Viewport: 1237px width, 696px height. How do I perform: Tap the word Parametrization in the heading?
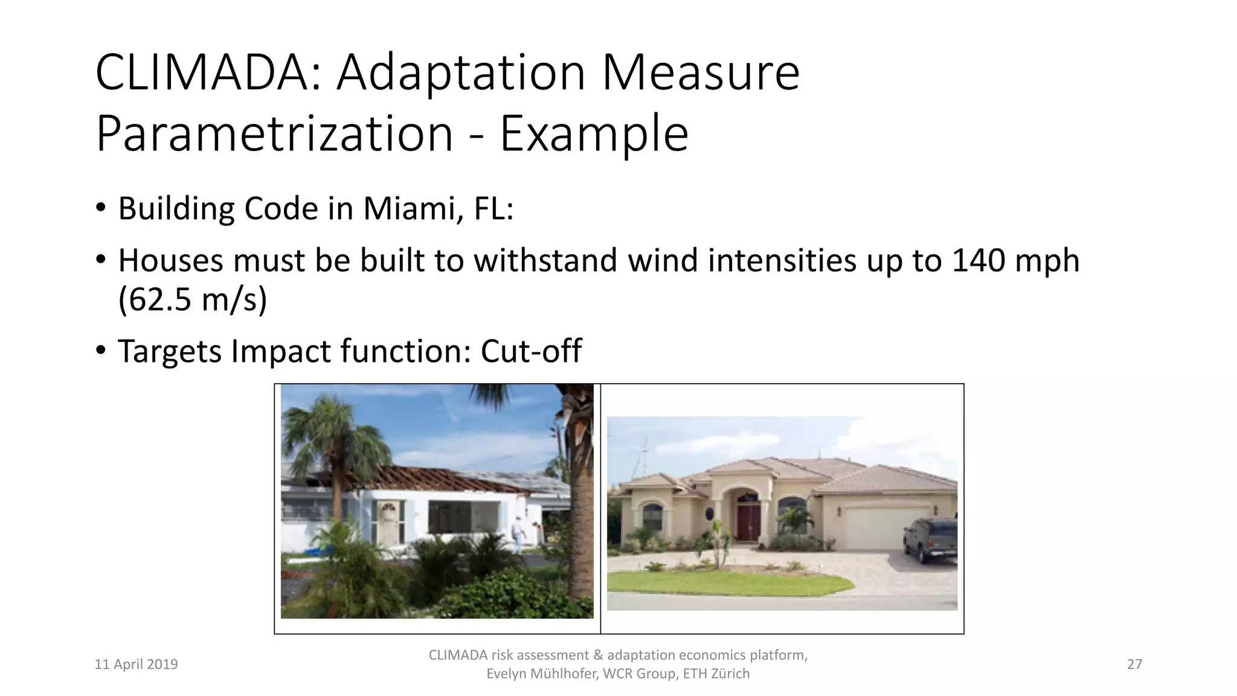pos(274,134)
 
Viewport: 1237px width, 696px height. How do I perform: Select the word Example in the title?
pos(594,134)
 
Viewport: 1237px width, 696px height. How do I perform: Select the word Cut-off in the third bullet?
pos(531,351)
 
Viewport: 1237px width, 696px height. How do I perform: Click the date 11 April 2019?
pos(137,665)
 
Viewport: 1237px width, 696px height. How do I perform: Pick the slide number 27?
pos(1134,665)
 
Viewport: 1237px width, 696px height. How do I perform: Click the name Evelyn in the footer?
pos(506,674)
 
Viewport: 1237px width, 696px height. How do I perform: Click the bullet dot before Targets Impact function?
pos(101,350)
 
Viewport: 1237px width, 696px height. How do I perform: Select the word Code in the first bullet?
pos(281,209)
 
